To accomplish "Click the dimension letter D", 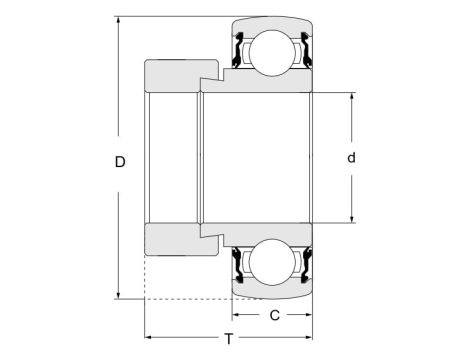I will (x=121, y=161).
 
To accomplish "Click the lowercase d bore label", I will (x=351, y=158).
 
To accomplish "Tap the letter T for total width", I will (x=228, y=338).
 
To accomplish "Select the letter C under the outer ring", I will (x=273, y=316).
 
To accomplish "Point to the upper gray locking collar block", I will (x=180, y=76).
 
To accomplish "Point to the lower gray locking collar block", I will (x=180, y=240).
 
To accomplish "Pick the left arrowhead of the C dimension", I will (x=238, y=316).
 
